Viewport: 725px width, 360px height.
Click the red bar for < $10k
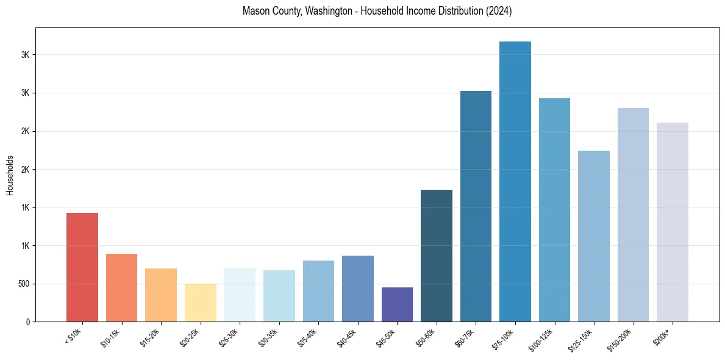82,267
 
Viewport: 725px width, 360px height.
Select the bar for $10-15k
121,287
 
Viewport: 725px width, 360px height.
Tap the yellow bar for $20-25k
200,303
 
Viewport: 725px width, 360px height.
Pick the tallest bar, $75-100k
515,181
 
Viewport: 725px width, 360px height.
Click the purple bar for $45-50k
397,304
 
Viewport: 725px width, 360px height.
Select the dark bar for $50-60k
437,256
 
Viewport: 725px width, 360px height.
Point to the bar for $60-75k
476,206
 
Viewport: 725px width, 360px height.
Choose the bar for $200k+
673,222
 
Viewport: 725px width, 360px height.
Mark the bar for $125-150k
594,236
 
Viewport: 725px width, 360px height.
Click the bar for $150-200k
633,215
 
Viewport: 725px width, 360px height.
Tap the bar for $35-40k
318,291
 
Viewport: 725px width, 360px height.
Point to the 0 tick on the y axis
27,322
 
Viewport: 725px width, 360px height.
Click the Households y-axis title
10,175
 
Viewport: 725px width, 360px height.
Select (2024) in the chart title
499,12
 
